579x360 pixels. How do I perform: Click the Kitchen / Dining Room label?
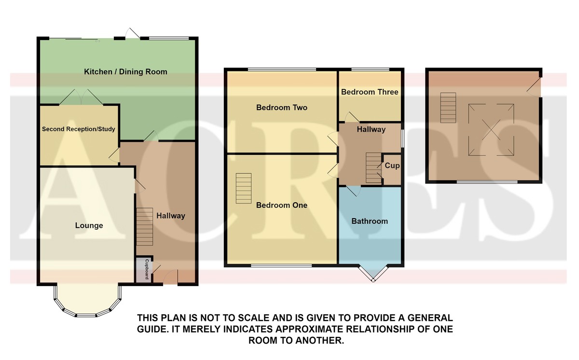(125, 71)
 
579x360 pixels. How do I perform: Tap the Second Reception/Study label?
(78, 129)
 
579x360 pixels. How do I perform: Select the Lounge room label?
(89, 225)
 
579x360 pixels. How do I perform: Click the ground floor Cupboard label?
(147, 269)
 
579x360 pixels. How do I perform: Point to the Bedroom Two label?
(282, 108)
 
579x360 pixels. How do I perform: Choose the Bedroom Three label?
(370, 92)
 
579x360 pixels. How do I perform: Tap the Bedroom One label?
(282, 205)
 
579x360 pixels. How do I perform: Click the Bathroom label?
(370, 221)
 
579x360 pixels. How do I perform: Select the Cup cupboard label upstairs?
(392, 166)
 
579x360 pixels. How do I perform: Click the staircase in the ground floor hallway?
(144, 227)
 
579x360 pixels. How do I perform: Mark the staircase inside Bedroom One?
(244, 188)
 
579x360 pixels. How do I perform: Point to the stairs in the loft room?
(448, 108)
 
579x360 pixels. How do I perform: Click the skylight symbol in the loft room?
(491, 130)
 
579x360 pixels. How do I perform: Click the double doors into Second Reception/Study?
(81, 97)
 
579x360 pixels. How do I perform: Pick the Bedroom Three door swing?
(352, 117)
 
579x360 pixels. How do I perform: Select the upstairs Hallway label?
(371, 129)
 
